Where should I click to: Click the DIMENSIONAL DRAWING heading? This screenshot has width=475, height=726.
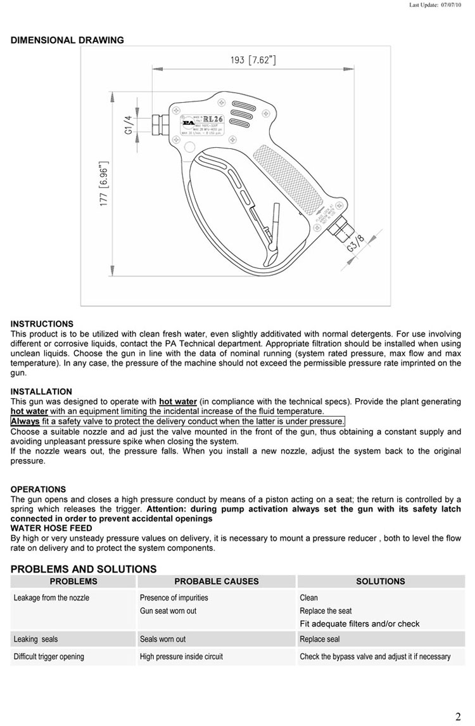click(67, 41)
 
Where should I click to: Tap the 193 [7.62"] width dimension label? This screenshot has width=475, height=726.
click(253, 61)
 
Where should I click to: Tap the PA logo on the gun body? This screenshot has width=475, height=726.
click(188, 122)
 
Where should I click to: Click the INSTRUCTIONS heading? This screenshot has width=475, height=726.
click(42, 324)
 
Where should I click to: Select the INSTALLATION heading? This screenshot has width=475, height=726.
click(41, 392)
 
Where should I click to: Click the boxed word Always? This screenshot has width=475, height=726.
click(25, 421)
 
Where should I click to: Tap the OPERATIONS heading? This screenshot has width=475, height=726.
click(38, 489)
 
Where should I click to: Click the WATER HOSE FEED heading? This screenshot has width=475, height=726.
click(51, 528)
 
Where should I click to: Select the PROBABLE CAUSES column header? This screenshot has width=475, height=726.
click(217, 581)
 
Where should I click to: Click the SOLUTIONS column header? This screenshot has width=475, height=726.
click(381, 581)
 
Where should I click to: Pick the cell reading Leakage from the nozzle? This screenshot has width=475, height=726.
click(51, 598)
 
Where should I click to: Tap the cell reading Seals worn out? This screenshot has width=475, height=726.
click(163, 639)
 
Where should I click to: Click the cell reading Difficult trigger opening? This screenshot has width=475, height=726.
click(49, 657)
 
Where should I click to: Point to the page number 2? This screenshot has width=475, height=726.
click(458, 717)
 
